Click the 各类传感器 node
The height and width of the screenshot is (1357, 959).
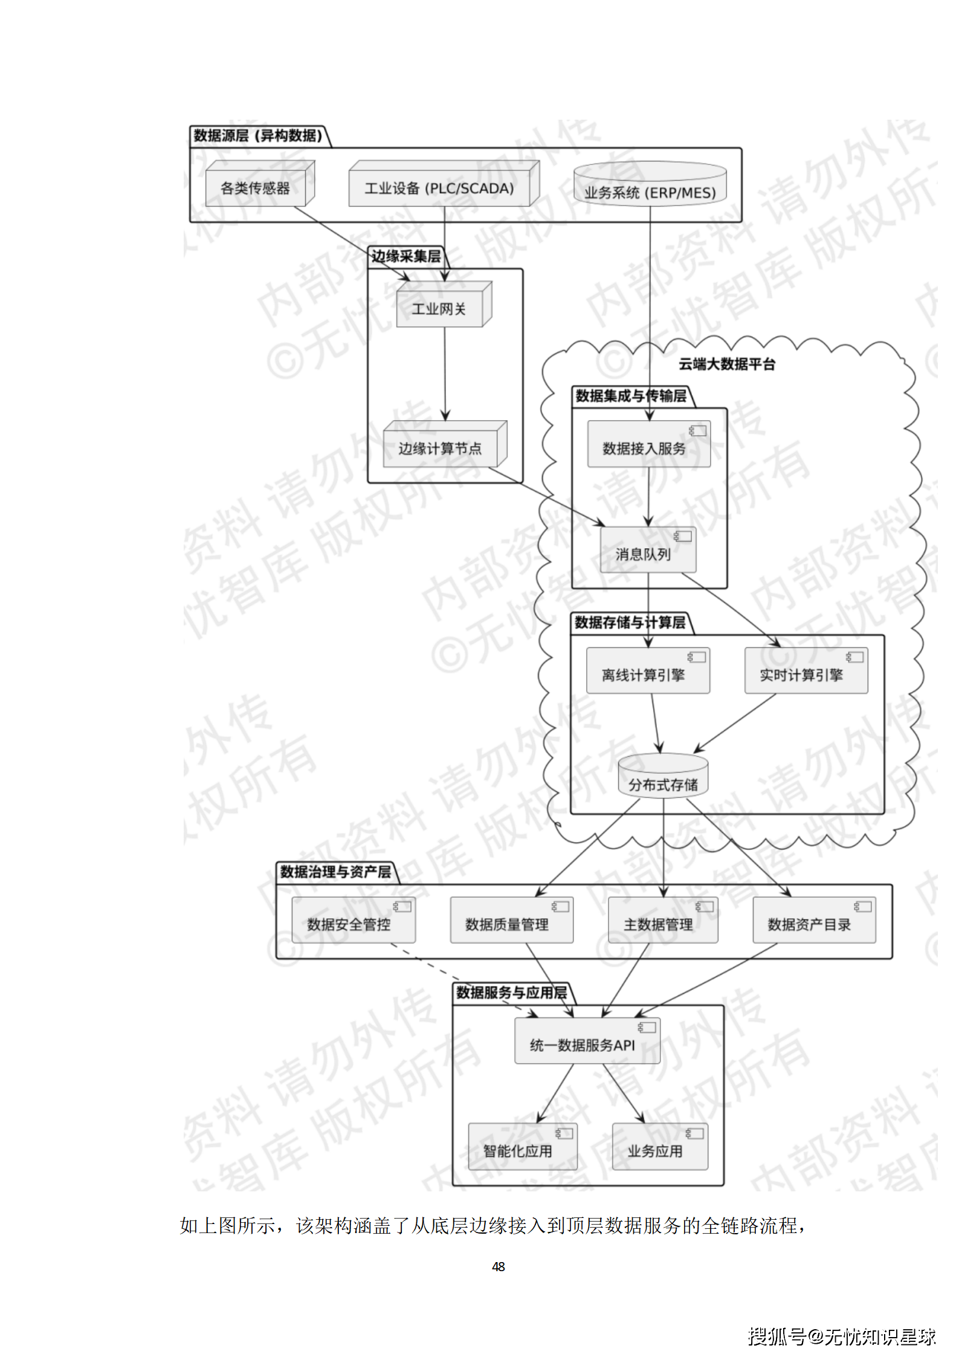click(256, 188)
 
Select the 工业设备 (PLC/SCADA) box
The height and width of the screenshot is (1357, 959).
click(440, 188)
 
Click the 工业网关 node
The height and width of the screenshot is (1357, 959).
click(439, 309)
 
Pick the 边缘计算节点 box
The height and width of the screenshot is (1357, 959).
click(441, 448)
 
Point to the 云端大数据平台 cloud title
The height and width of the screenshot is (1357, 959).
click(726, 364)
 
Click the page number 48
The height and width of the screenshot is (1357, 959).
click(499, 1266)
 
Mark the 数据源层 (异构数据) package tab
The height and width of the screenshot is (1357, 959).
click(258, 136)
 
